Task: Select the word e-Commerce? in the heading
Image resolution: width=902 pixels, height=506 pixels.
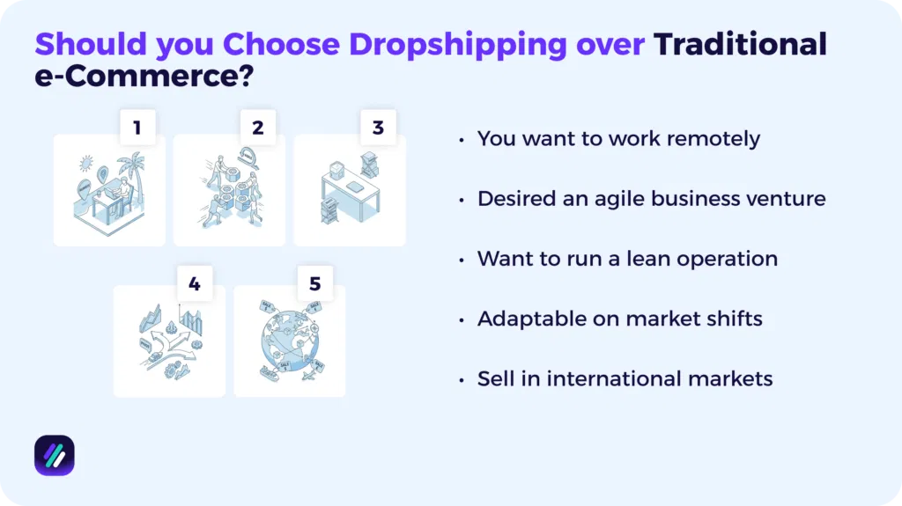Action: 144,77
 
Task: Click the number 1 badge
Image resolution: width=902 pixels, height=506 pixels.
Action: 137,128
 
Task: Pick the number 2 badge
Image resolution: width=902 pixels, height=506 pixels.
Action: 257,128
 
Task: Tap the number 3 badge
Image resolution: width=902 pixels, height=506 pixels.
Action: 378,128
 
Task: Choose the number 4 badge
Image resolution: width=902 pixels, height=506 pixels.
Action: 195,283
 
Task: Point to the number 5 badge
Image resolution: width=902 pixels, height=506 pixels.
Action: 314,283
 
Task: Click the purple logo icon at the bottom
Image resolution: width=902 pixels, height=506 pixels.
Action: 54,455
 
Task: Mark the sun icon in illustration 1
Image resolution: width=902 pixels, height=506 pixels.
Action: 85,164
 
